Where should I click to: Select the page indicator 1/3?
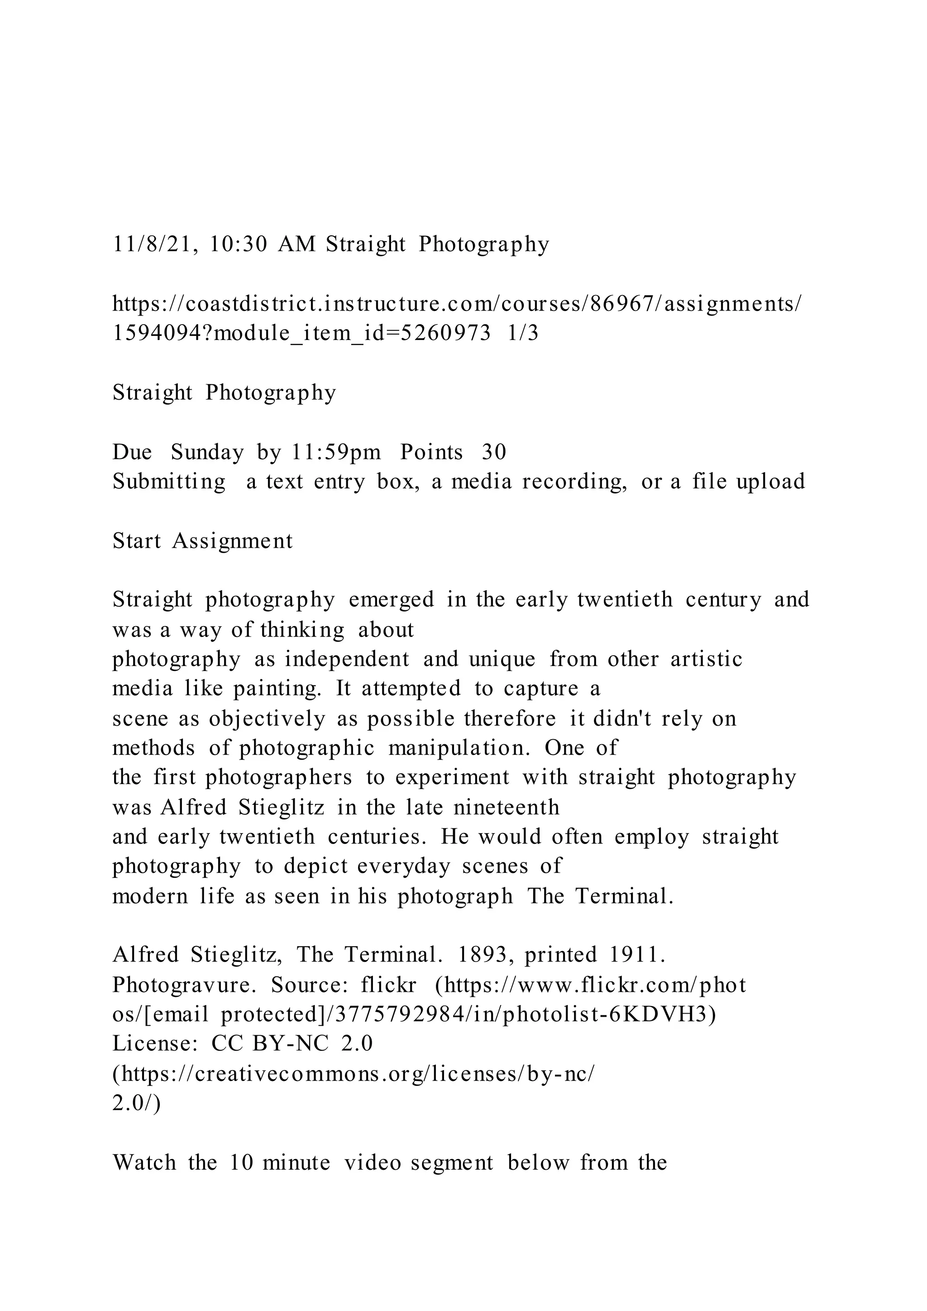pos(522,333)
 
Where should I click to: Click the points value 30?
pos(494,452)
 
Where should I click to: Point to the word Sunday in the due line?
pos(207,452)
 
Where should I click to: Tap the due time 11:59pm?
pos(336,452)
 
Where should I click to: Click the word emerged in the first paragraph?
pos(391,599)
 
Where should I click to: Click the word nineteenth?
pos(507,808)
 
